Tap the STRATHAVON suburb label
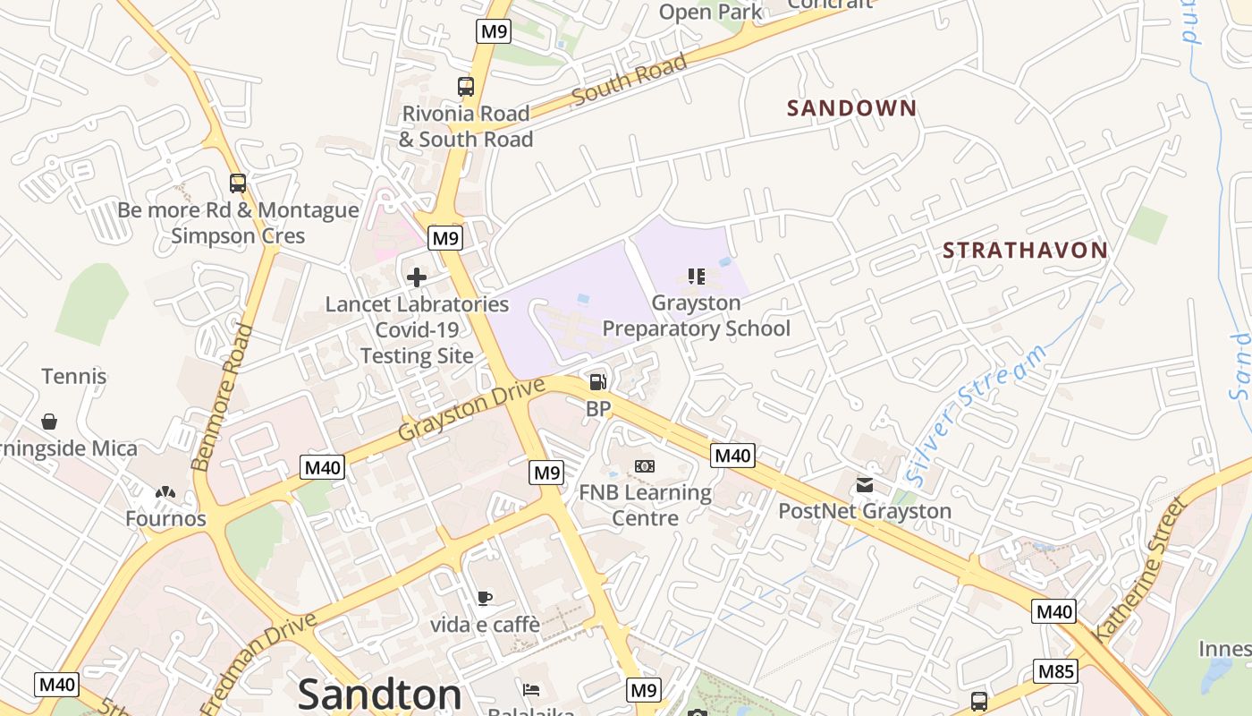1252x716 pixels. click(1025, 251)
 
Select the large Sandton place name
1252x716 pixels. click(379, 694)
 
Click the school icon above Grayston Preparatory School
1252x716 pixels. click(696, 277)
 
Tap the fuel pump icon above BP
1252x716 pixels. click(597, 382)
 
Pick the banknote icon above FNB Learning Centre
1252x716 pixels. click(645, 466)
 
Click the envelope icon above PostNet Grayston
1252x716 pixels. click(865, 485)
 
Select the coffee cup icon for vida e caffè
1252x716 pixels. click(485, 598)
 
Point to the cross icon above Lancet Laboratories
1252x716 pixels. click(416, 277)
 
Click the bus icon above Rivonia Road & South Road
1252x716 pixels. click(465, 87)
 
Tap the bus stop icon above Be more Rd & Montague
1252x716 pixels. click(237, 183)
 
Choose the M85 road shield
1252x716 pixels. click(1055, 671)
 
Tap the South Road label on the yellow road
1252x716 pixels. click(630, 79)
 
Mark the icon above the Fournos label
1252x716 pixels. click(165, 492)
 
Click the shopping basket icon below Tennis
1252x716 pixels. click(49, 421)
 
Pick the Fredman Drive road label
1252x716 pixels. click(259, 663)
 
